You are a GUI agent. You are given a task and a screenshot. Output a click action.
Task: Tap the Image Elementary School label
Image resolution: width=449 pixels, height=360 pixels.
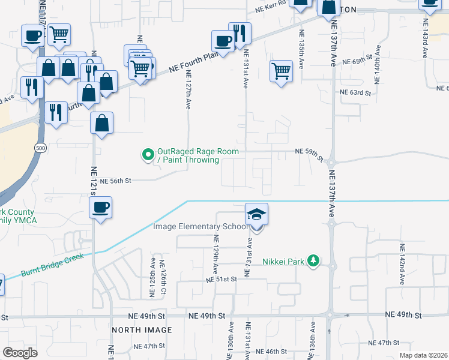(200, 226)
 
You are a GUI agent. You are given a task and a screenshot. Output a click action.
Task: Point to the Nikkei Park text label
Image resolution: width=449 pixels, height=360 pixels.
(283, 261)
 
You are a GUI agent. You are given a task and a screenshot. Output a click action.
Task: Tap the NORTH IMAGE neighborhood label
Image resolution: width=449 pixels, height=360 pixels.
(142, 330)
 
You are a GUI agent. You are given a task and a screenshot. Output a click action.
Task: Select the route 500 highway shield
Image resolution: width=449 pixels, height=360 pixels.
(40, 148)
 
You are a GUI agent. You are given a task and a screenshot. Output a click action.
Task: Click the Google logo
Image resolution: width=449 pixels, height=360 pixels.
(20, 353)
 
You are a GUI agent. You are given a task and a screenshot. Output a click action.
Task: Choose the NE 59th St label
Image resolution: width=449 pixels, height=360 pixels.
(309, 153)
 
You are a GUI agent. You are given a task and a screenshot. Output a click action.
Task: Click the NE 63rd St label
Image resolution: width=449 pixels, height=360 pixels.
(355, 92)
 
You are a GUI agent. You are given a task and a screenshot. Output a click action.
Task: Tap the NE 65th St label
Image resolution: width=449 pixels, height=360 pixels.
(357, 62)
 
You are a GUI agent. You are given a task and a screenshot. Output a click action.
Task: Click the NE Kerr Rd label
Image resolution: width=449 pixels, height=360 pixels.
(271, 9)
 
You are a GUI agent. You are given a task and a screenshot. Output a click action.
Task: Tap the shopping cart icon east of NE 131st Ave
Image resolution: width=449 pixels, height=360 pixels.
(281, 72)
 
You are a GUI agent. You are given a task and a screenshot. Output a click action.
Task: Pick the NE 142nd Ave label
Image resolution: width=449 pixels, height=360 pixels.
(402, 259)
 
